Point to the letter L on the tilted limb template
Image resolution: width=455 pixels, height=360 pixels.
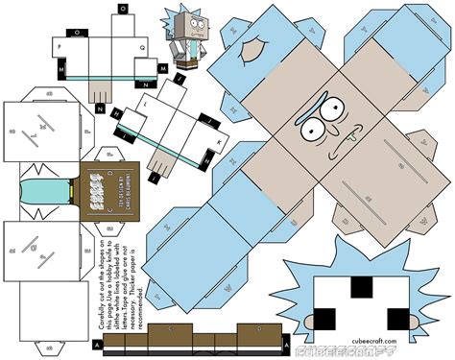pos(147,98)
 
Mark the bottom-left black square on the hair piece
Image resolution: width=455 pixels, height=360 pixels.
pos(327,316)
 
